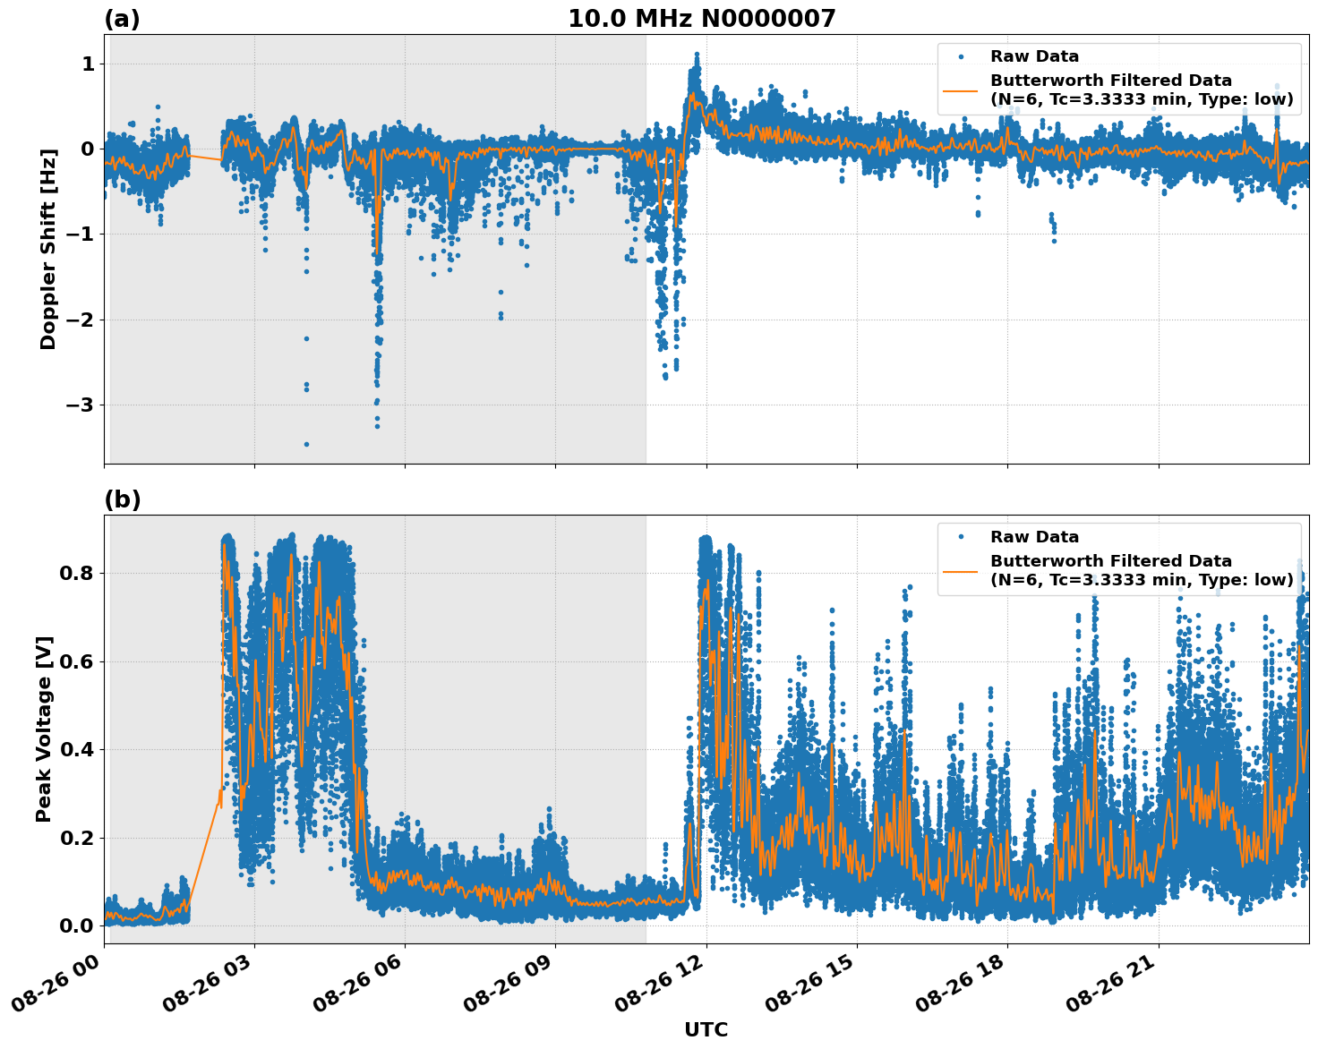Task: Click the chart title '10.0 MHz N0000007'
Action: coord(701,19)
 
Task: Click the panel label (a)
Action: coord(122,19)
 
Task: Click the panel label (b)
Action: coord(122,499)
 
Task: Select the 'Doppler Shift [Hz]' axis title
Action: coord(48,249)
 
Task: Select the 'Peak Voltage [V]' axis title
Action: coord(44,729)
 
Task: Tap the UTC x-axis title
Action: coord(706,1029)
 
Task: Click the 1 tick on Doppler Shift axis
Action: coord(88,64)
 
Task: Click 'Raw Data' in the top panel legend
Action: coord(1034,56)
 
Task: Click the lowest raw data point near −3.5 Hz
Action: coord(306,444)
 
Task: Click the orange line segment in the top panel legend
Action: coord(960,90)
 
